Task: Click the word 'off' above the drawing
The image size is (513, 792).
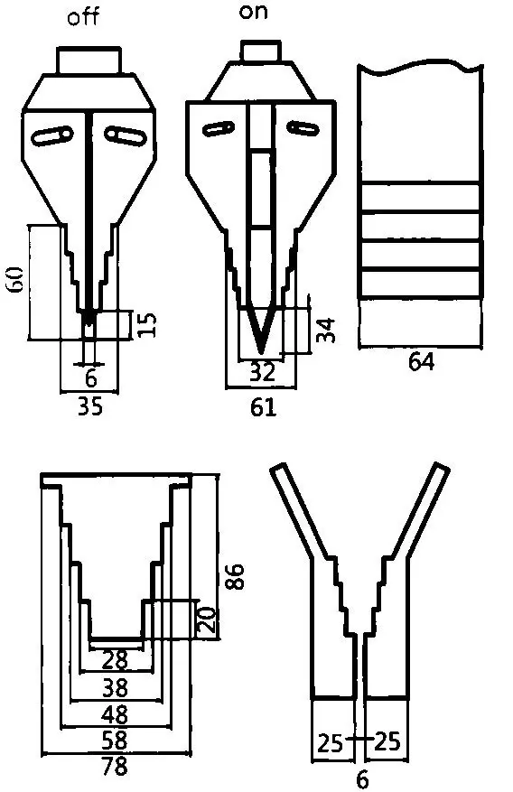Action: click(83, 18)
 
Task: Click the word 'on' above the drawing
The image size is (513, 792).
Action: click(254, 13)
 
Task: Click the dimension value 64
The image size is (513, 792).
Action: click(421, 362)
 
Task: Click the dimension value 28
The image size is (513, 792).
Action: click(115, 660)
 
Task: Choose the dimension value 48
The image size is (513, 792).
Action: click(115, 714)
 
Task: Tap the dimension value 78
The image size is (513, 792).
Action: click(115, 768)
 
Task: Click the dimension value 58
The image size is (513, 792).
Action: click(115, 741)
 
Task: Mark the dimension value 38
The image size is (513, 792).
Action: click(115, 687)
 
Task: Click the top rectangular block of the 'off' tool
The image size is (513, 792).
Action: click(89, 61)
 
